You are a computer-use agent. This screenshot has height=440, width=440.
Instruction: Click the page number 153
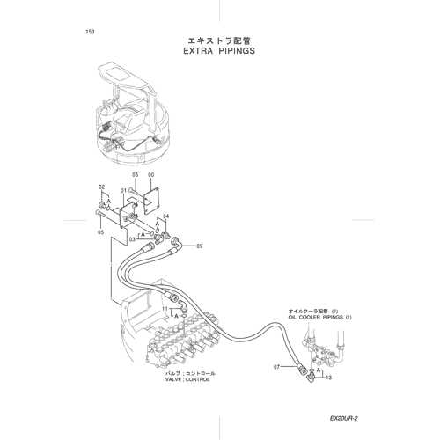(90, 32)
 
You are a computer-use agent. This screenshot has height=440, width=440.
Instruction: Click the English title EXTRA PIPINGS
(219, 51)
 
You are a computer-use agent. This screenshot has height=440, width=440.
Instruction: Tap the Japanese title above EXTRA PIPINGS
(219, 40)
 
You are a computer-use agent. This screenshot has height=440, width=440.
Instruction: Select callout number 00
(150, 175)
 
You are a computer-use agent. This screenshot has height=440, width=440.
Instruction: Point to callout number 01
(123, 191)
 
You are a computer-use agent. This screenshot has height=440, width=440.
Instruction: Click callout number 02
(101, 187)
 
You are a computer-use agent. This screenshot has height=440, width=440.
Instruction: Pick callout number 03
(132, 239)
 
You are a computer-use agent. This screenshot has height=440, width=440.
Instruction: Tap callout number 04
(166, 216)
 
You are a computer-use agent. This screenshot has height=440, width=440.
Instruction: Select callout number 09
(199, 246)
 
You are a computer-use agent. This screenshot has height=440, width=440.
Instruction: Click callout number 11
(165, 309)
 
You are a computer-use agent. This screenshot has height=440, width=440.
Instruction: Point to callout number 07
(276, 367)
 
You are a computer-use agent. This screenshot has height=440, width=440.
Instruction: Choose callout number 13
(328, 378)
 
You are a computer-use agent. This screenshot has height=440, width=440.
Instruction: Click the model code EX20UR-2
(343, 418)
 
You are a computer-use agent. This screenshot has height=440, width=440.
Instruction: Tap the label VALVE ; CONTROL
(187, 379)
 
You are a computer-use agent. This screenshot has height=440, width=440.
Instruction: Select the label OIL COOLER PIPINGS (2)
(319, 318)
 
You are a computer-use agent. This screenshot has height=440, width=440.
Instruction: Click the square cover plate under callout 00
(151, 200)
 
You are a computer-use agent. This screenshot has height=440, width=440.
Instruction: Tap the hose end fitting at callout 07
(302, 367)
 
